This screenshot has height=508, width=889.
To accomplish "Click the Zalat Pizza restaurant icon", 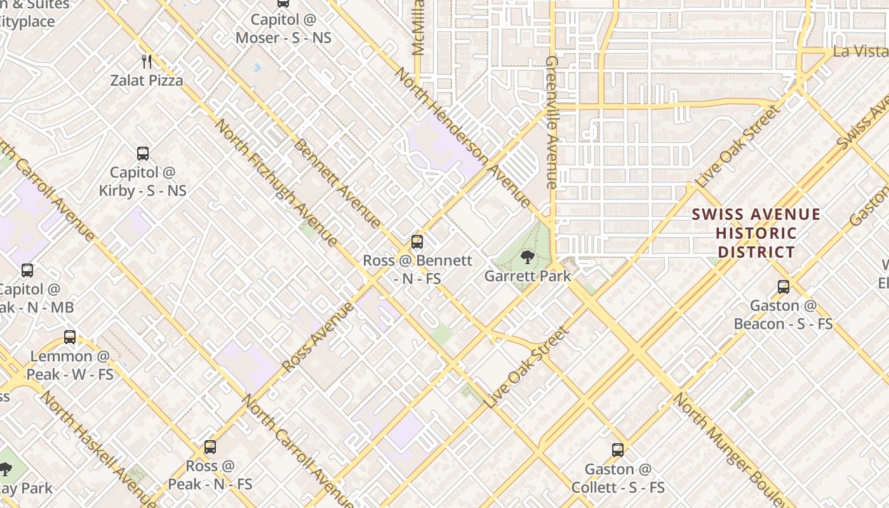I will (x=147, y=61).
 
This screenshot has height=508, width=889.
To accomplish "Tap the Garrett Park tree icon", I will (x=527, y=257).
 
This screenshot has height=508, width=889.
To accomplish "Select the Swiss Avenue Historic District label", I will (x=756, y=233).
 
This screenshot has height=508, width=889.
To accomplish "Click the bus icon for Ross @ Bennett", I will (x=417, y=242).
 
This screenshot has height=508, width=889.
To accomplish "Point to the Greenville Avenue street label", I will (x=551, y=122).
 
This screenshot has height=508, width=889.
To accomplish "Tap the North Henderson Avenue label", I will (x=462, y=137).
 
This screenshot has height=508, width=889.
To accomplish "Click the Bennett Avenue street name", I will (x=337, y=183).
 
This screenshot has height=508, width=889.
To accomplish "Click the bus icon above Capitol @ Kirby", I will (x=143, y=153).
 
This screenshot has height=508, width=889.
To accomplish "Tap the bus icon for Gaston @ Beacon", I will (x=784, y=287).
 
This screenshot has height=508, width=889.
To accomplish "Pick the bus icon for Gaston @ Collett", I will (x=618, y=450).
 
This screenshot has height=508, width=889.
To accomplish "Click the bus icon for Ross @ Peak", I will (x=210, y=447).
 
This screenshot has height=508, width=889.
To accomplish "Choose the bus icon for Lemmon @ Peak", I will (x=70, y=337).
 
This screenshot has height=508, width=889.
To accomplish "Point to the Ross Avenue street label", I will (x=317, y=337).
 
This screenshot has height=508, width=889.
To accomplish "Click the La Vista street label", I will (x=860, y=51).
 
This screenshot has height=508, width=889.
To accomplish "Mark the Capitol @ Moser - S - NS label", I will (x=283, y=29).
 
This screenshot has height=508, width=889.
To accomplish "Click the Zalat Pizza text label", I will (x=147, y=80).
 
